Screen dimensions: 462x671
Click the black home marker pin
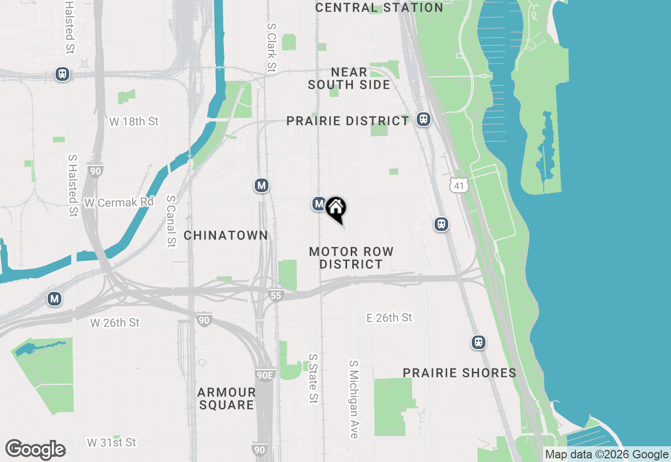(335, 208)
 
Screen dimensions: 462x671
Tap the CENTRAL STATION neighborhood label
(379, 7)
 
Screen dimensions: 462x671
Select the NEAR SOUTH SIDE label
(349, 78)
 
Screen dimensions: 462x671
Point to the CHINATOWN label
(226, 235)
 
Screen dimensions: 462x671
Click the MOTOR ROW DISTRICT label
(351, 258)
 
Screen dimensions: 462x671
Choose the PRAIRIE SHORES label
(459, 373)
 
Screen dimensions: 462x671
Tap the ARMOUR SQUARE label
(226, 398)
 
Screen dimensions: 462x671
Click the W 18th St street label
(134, 121)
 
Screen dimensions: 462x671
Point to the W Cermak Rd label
(119, 202)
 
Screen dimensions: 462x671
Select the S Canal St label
(171, 221)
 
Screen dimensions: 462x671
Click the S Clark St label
(271, 47)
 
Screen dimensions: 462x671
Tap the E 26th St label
(389, 318)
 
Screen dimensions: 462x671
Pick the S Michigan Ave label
(354, 399)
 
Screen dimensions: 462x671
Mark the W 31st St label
(111, 443)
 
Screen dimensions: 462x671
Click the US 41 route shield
(459, 185)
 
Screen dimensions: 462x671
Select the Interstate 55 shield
(276, 296)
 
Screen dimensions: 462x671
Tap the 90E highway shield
(265, 375)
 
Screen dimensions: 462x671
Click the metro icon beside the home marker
(319, 204)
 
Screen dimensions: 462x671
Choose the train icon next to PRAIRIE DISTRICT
(424, 119)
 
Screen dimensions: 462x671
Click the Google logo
(35, 450)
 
